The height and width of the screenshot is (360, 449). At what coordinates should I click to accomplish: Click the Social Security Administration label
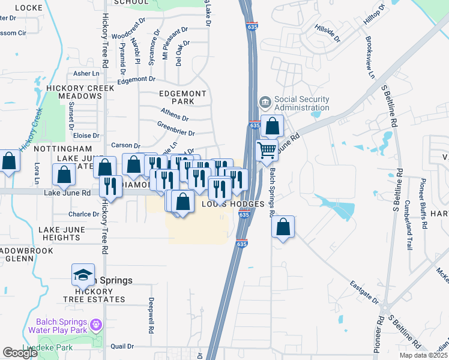[301, 103]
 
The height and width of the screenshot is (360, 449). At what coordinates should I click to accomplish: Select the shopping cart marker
[267, 149]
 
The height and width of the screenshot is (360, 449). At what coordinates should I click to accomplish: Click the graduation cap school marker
[83, 275]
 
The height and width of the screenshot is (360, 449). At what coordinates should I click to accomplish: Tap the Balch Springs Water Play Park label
[57, 326]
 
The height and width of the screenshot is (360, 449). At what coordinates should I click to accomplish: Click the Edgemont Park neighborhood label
[182, 98]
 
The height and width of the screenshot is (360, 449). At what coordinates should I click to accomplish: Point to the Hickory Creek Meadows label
[80, 92]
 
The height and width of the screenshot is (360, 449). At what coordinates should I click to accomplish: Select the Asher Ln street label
[86, 73]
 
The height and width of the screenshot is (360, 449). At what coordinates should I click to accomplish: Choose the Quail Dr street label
[122, 346]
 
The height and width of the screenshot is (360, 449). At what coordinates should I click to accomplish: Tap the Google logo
[20, 353]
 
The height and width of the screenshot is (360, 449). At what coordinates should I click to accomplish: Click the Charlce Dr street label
[83, 214]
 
